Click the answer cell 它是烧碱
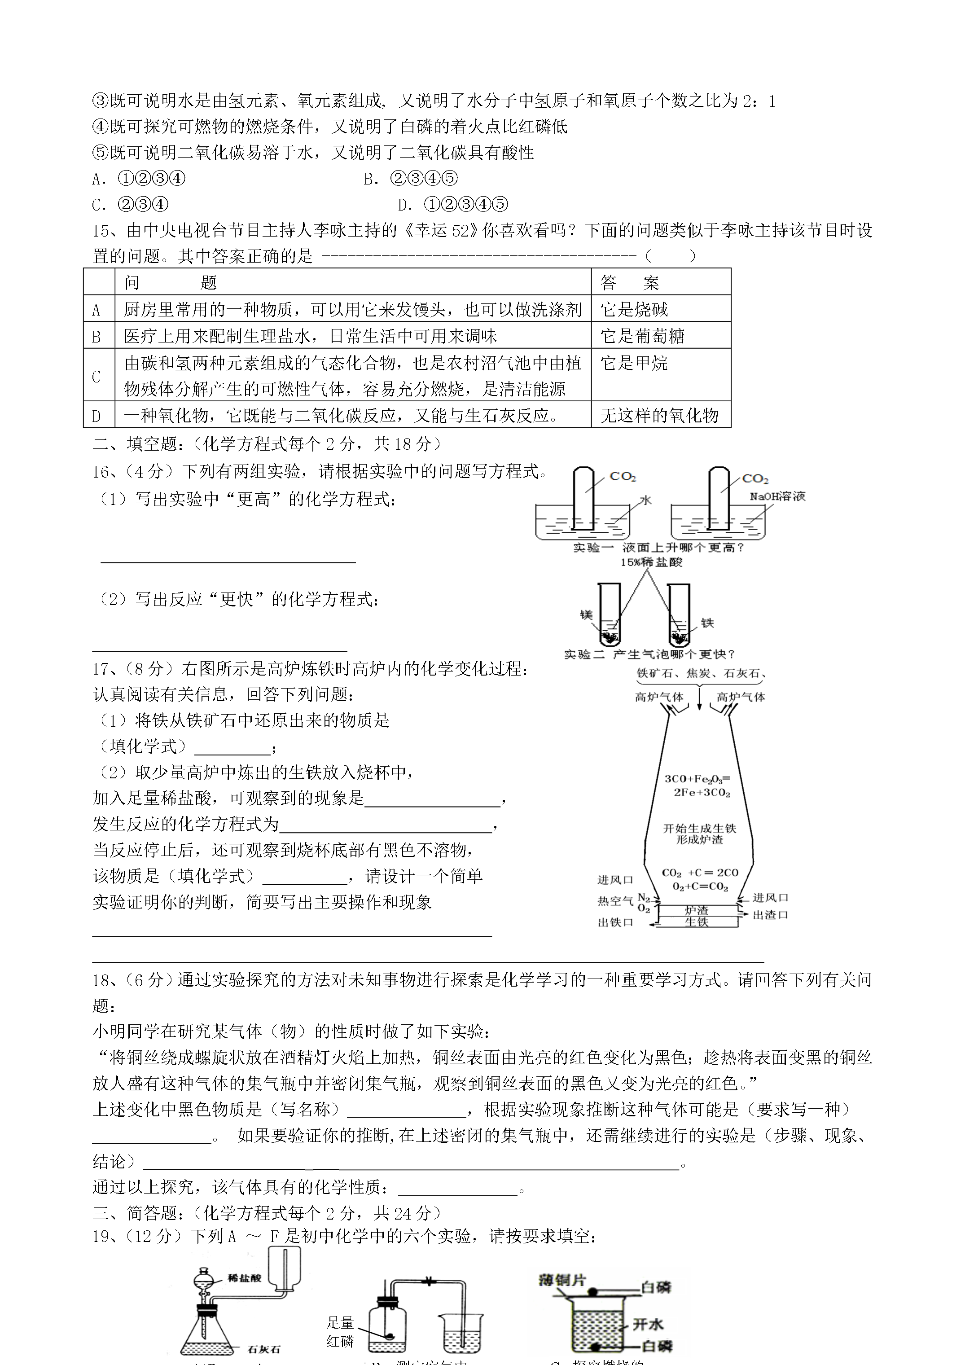click(x=634, y=309)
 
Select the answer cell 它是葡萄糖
click(x=642, y=336)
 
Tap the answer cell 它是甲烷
click(x=634, y=363)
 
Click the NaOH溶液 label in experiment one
click(x=777, y=496)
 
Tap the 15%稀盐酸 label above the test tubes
click(x=652, y=562)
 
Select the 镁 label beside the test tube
click(x=586, y=614)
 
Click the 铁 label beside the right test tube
click(x=707, y=623)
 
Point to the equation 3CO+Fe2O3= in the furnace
click(x=697, y=779)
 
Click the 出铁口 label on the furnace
click(x=615, y=922)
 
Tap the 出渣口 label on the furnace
click(x=771, y=915)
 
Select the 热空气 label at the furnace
click(x=615, y=901)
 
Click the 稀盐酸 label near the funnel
click(x=244, y=1277)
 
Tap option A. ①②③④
click(x=139, y=178)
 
